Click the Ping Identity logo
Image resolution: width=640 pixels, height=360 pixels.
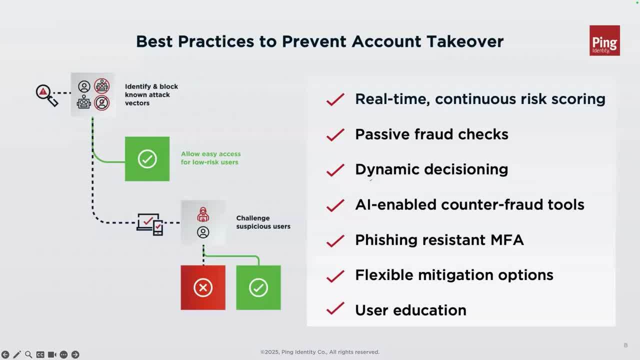click(x=604, y=40)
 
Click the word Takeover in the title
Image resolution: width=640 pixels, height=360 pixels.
click(x=465, y=41)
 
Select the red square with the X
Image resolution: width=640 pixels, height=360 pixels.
click(x=203, y=287)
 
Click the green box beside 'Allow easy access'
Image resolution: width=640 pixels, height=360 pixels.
click(x=147, y=159)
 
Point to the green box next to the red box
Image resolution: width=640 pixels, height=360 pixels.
click(x=258, y=287)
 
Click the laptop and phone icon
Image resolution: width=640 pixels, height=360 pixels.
click(x=149, y=224)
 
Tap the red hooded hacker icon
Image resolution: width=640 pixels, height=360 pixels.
click(x=203, y=214)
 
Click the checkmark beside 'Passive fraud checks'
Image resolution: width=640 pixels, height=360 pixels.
click(x=335, y=135)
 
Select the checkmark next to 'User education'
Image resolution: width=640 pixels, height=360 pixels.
click(x=335, y=308)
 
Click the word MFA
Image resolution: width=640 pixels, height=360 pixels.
click(x=507, y=240)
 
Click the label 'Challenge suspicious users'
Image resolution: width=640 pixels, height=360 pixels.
click(x=263, y=222)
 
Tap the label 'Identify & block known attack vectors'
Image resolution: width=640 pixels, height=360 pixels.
click(x=151, y=95)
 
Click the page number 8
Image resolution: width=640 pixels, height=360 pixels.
click(x=625, y=345)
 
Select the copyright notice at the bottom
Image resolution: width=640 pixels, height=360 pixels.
click(x=319, y=352)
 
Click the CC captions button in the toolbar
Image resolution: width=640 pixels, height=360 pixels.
click(x=40, y=354)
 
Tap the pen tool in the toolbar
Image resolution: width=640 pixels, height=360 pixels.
click(x=17, y=354)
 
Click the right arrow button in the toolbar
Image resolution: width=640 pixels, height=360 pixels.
click(x=75, y=354)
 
